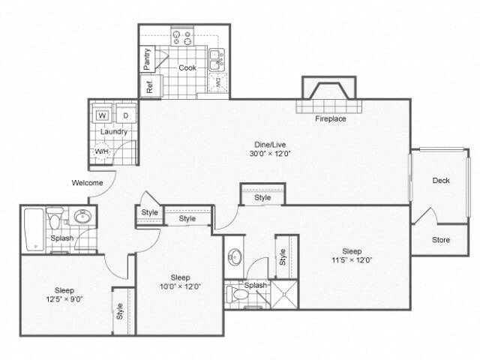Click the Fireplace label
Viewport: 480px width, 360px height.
[x=331, y=118]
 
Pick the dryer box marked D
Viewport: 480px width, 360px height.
[x=125, y=115]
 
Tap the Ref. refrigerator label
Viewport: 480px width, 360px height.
[x=149, y=85]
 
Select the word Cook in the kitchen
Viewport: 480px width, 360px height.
[x=187, y=67]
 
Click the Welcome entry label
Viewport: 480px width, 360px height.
[x=87, y=182]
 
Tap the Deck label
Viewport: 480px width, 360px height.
[x=441, y=180]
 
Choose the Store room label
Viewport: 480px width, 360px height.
[x=441, y=240]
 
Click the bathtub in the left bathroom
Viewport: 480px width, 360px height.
[x=34, y=229]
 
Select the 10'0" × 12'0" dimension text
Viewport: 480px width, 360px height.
[x=180, y=286]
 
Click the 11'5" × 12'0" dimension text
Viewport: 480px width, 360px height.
[x=352, y=261]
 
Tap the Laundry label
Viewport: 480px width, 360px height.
[x=114, y=132]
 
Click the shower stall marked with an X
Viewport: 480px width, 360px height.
[x=285, y=294]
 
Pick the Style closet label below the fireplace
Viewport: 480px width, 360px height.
[x=262, y=197]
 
